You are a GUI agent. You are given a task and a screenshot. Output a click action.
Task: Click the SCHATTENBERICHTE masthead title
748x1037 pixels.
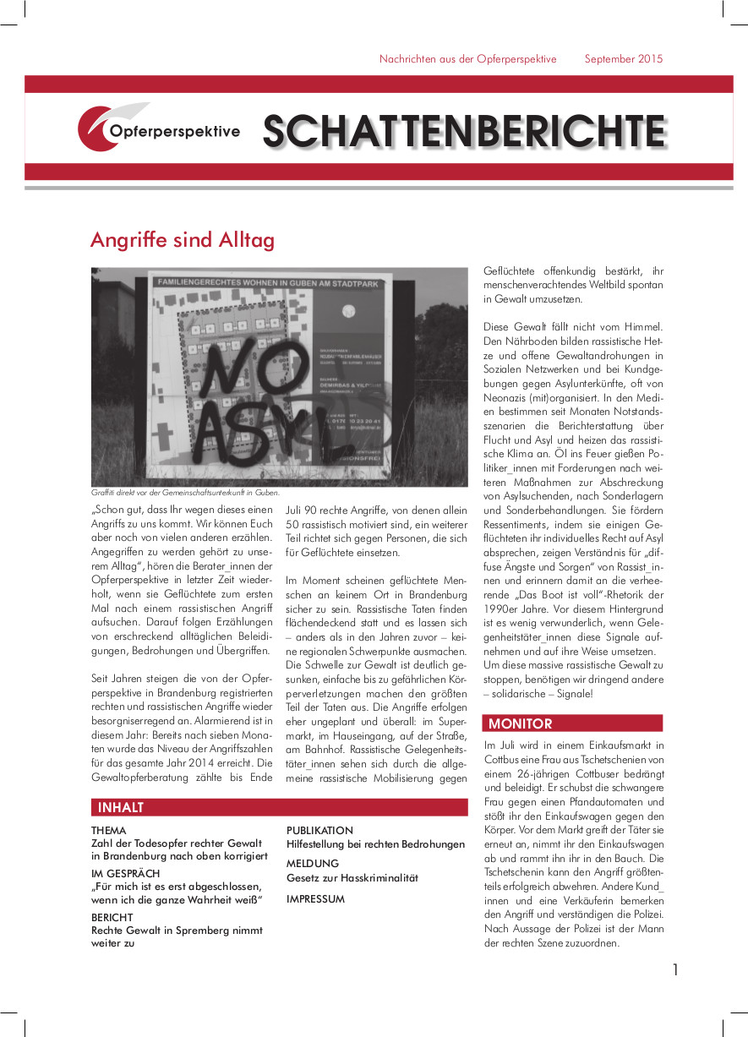click(x=463, y=131)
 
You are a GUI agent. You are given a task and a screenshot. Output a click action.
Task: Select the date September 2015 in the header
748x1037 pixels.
click(x=624, y=59)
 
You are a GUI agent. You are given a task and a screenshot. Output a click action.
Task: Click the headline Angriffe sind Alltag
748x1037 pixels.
click(x=183, y=241)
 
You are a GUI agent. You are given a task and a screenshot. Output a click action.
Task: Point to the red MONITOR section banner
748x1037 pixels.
click(x=572, y=723)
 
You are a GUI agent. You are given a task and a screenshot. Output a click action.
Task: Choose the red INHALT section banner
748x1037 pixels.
click(x=279, y=807)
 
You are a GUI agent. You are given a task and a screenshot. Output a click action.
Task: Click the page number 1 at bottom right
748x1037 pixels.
click(x=675, y=970)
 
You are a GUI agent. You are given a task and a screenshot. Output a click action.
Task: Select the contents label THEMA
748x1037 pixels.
click(x=109, y=831)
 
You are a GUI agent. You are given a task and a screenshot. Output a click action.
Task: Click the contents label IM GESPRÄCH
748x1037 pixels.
click(x=125, y=873)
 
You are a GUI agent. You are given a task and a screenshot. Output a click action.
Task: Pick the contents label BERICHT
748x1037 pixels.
click(x=112, y=916)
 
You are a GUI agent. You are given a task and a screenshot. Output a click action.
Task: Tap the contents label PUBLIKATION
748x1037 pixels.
click(x=319, y=831)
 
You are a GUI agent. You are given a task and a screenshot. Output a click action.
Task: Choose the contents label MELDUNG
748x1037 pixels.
click(x=313, y=864)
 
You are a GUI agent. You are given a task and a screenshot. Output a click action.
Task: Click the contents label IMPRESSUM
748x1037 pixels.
click(x=315, y=899)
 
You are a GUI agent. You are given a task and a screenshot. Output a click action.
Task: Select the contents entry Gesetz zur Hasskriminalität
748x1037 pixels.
click(x=352, y=878)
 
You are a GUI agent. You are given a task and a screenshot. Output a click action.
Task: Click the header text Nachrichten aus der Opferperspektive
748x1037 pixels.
click(x=467, y=59)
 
